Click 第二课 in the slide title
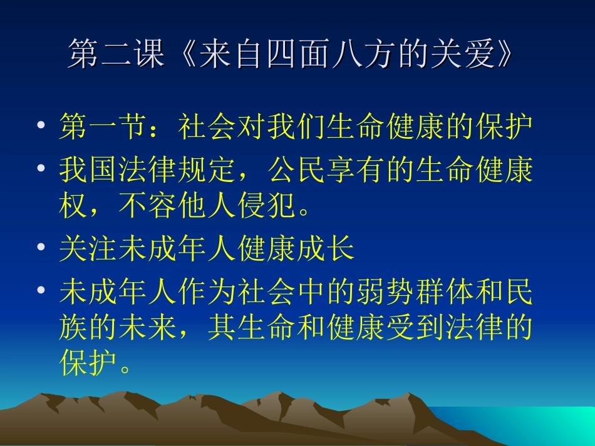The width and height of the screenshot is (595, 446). pyautogui.click(x=116, y=55)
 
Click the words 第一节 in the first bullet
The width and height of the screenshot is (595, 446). pyautogui.click(x=104, y=127)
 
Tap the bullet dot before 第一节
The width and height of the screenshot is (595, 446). pyautogui.click(x=41, y=127)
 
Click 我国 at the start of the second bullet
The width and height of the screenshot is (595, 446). pyautogui.click(x=89, y=170)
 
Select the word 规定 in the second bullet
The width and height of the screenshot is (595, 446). pyautogui.click(x=208, y=170)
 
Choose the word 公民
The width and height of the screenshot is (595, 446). pyautogui.click(x=298, y=170)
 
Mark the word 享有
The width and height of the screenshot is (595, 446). pyautogui.click(x=357, y=170)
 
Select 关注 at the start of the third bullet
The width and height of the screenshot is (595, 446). pyautogui.click(x=89, y=250)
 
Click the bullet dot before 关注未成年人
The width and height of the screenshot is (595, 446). pyautogui.click(x=41, y=250)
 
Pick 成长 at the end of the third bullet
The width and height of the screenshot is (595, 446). pyautogui.click(x=326, y=250)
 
